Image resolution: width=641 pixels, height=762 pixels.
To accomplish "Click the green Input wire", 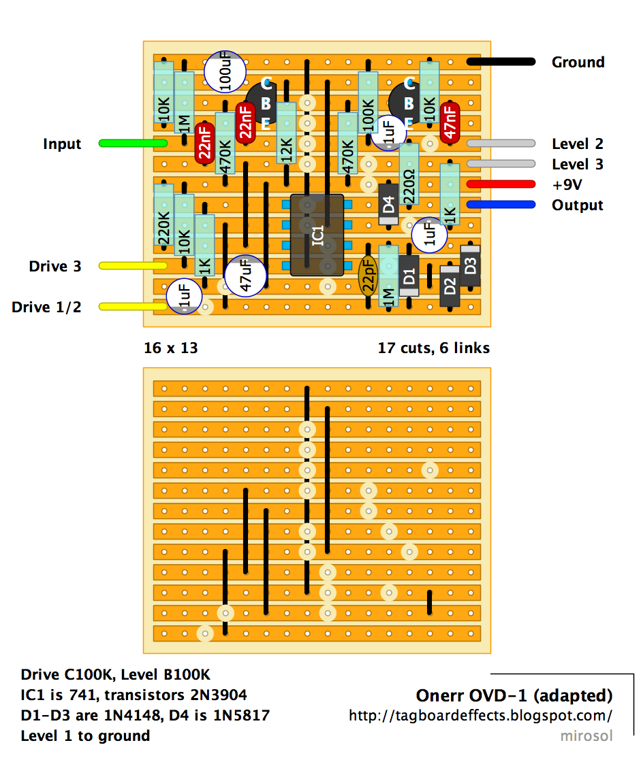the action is pyautogui.click(x=133, y=144).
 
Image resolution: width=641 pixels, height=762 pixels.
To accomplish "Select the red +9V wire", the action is pyautogui.click(x=501, y=184).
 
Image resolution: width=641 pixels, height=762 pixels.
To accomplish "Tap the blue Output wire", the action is pyautogui.click(x=501, y=205).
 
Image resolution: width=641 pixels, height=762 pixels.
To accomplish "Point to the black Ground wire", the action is pyautogui.click(x=501, y=62).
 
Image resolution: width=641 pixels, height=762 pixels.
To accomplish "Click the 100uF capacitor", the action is pyautogui.click(x=225, y=72).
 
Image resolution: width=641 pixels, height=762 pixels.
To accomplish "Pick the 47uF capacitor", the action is pyautogui.click(x=246, y=276).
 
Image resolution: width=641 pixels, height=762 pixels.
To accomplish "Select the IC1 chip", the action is pyautogui.click(x=317, y=235).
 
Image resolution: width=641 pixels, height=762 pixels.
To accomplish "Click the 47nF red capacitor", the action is pyautogui.click(x=450, y=123).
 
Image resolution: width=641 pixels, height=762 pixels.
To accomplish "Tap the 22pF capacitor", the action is pyautogui.click(x=368, y=276).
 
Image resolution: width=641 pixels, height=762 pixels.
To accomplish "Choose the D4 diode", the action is pyautogui.click(x=388, y=204).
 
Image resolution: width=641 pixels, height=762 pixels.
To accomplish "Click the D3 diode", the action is pyautogui.click(x=470, y=266).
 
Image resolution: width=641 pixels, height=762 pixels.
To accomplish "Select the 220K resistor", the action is pyautogui.click(x=163, y=215).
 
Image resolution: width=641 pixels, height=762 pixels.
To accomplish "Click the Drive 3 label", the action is pyautogui.click(x=55, y=266).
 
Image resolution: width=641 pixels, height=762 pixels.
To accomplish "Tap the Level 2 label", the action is pyautogui.click(x=578, y=144).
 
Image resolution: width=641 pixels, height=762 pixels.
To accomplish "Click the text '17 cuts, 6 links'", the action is pyautogui.click(x=434, y=348).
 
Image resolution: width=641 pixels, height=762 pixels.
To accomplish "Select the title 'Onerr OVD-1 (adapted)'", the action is pyautogui.click(x=514, y=695).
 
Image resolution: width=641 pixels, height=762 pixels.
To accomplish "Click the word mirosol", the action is pyautogui.click(x=586, y=735).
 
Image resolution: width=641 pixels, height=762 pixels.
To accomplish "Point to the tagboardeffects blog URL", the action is pyautogui.click(x=480, y=716).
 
